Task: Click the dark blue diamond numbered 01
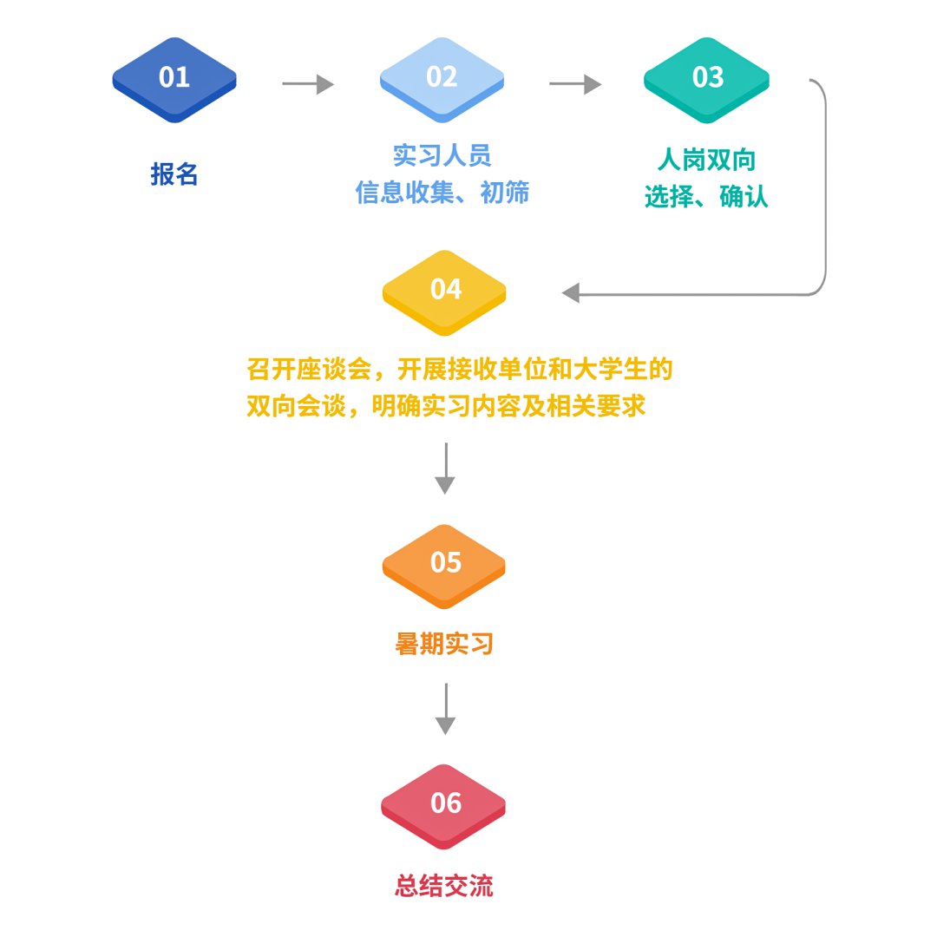pos(174,79)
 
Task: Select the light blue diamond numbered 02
pos(442,79)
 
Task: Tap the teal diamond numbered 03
pos(707,79)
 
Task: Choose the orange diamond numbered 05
pos(445,564)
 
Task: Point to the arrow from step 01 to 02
pos(308,84)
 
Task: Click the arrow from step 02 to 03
pos(575,84)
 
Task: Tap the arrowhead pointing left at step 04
pos(571,294)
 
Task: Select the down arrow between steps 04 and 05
pos(445,468)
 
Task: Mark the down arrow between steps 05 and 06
pos(445,709)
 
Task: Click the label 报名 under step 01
pos(174,174)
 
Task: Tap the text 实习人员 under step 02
pos(442,155)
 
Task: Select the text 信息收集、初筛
pos(442,193)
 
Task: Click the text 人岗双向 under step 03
pos(707,161)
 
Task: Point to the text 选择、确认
pos(707,198)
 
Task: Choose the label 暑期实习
pos(444,644)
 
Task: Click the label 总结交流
pos(444,886)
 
